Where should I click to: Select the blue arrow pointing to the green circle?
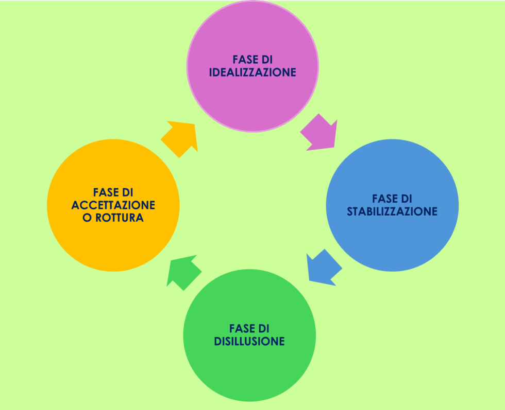pos(323,267)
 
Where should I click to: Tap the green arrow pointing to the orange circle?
pos(183,271)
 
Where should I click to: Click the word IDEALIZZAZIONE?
pos(252,72)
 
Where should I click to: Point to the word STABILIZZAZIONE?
pos(392,211)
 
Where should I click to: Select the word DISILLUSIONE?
pos(249,341)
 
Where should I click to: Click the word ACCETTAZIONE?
pos(113,205)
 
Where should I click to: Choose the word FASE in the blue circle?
pos(384,199)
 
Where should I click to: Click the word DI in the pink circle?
pos(266,59)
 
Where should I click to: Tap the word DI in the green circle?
pos(264,328)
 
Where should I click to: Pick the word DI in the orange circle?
pos(127,192)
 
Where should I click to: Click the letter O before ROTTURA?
pos(87,218)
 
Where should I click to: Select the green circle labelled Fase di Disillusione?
pos(249,370)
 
